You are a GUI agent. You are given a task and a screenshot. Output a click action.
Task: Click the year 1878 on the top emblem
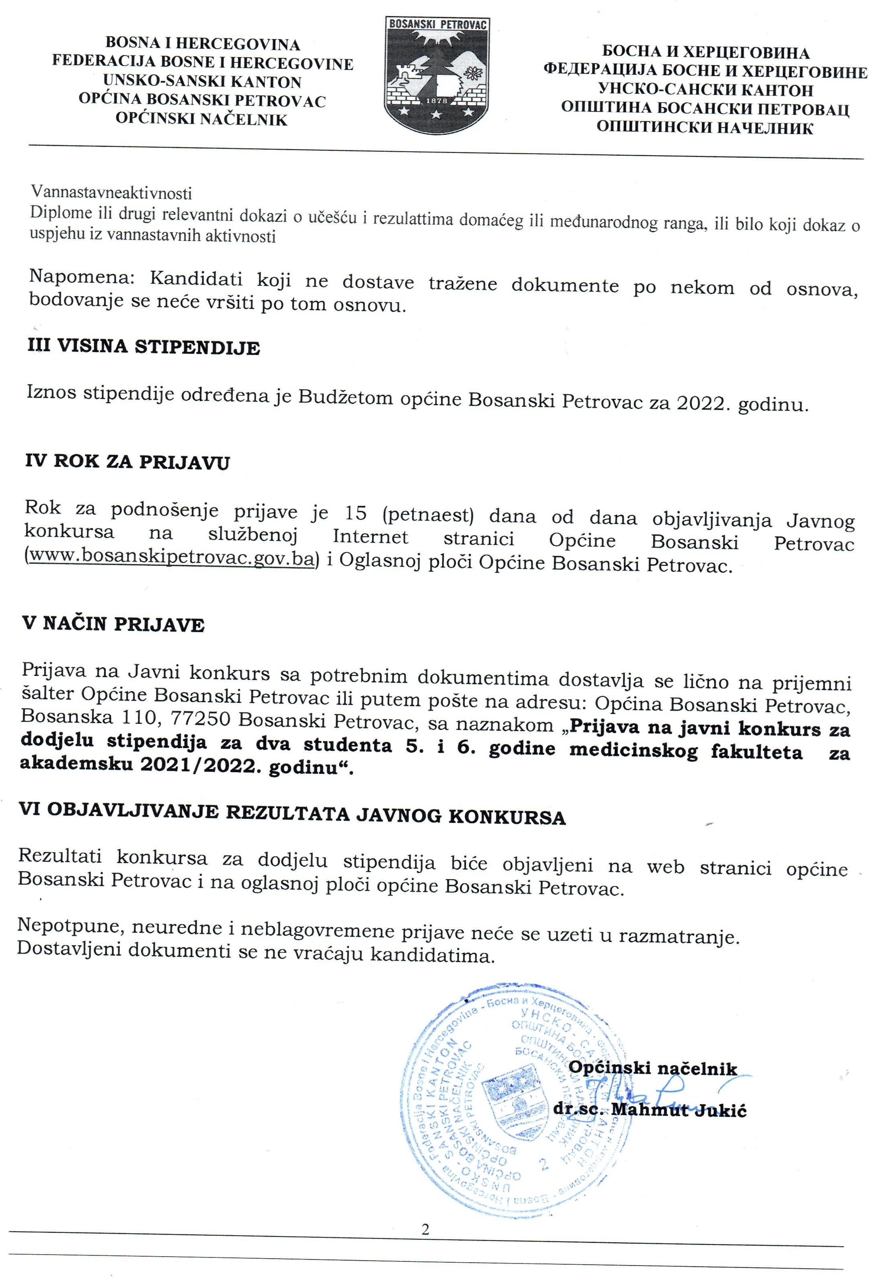[x=437, y=101]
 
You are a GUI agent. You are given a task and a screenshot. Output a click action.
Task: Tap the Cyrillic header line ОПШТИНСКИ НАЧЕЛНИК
[x=705, y=127]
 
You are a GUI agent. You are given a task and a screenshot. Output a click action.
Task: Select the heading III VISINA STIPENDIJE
[x=144, y=347]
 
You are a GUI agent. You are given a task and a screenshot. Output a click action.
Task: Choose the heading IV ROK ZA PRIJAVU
[x=127, y=462]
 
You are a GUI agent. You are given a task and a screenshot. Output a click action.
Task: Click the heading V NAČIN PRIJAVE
[x=113, y=624]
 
